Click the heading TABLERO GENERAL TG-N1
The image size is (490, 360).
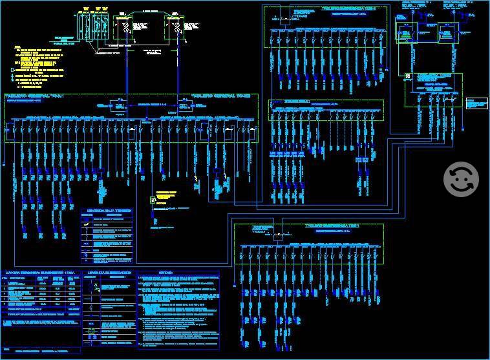pyautogui.click(x=36, y=96)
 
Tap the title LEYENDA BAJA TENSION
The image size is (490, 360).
pyautogui.click(x=107, y=211)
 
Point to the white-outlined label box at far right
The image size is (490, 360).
pyautogui.click(x=476, y=103)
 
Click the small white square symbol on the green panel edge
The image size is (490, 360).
pyautogui.click(x=408, y=76)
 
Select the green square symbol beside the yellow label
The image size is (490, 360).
pyautogui.click(x=153, y=200)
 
